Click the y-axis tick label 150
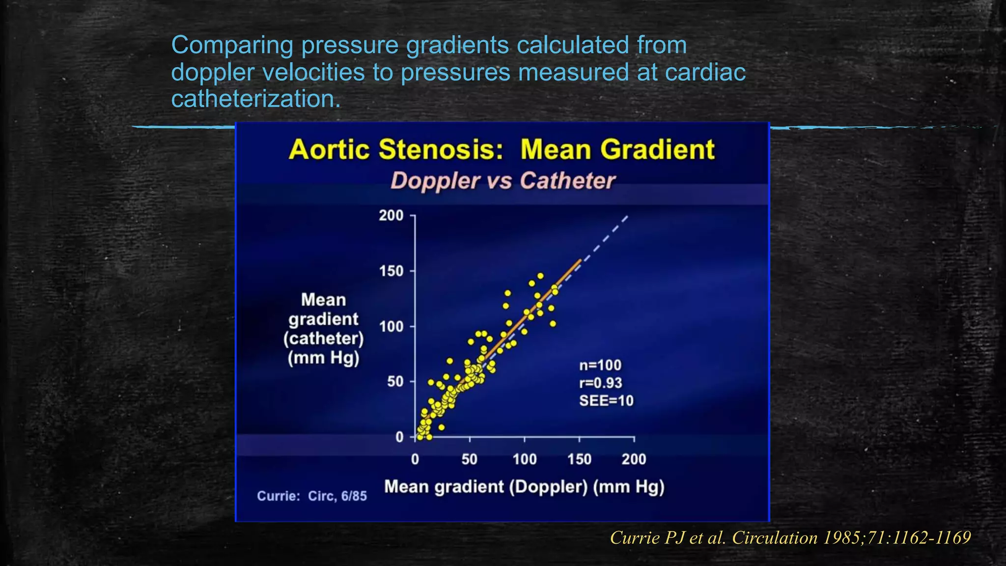(391, 271)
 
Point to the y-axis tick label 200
(391, 216)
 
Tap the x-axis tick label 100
(525, 459)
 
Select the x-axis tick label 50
(470, 459)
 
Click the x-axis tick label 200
(634, 459)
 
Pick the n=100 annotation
(600, 365)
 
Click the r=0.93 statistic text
(600, 383)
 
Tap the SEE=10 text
(606, 401)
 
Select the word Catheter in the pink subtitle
(567, 181)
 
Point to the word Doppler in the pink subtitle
(435, 181)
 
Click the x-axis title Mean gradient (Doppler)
(524, 487)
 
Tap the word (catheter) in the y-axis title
(324, 339)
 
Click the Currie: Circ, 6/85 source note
(312, 496)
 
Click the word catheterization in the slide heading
(255, 99)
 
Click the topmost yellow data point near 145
(540, 276)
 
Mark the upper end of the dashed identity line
(627, 216)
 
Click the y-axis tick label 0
(399, 437)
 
